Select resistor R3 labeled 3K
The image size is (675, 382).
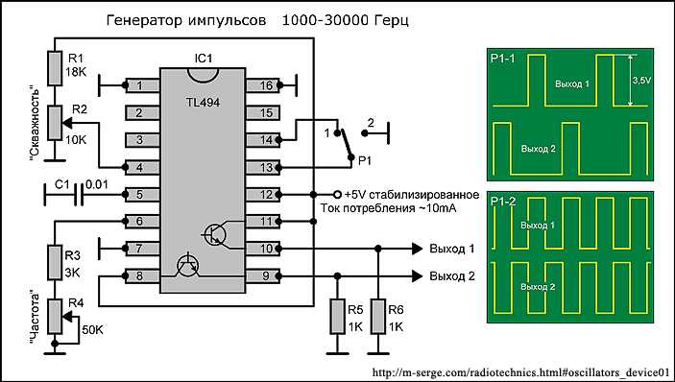[55, 262]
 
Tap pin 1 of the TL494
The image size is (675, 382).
[140, 86]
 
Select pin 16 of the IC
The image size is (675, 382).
[262, 86]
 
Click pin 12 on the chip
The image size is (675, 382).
[262, 195]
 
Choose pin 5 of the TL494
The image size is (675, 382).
[140, 195]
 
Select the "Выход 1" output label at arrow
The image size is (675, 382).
[452, 250]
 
